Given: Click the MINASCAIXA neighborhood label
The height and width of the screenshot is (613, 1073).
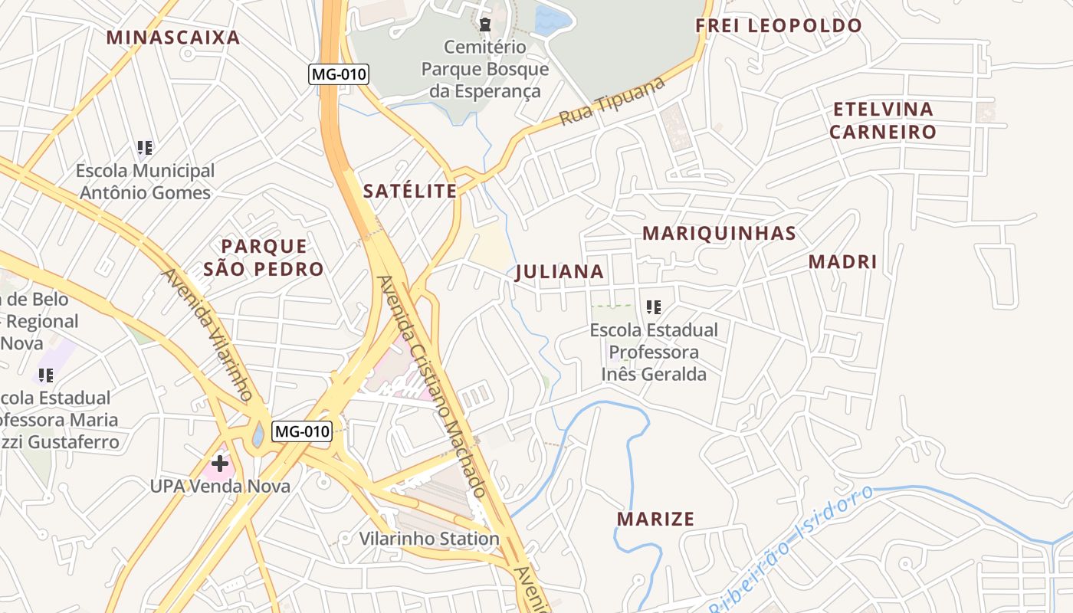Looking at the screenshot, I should click(x=173, y=37).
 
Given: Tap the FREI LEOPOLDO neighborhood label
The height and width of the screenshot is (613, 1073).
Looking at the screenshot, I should click(x=779, y=25).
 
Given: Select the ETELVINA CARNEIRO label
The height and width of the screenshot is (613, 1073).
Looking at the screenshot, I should click(x=883, y=120).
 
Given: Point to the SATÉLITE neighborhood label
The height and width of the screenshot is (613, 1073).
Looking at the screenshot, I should click(x=410, y=191).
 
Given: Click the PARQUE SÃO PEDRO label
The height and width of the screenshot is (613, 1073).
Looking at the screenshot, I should click(x=264, y=257).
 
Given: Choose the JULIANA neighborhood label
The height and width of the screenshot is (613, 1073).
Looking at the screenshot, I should click(x=560, y=272).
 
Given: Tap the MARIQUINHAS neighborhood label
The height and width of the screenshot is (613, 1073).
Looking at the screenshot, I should click(x=719, y=233).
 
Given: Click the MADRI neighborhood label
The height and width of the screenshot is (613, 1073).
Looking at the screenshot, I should click(x=842, y=261).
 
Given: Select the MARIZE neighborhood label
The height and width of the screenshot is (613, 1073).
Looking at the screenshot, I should click(x=656, y=519).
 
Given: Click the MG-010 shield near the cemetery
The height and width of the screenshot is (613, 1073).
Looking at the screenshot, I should click(x=339, y=74).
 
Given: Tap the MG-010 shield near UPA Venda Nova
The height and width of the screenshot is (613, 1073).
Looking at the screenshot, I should click(x=302, y=431).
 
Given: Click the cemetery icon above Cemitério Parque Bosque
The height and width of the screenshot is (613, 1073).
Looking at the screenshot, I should click(x=485, y=25).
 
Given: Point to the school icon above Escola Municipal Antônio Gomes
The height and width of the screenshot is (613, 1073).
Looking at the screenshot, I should click(x=145, y=147).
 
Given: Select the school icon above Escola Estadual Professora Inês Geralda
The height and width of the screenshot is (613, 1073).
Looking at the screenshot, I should click(x=654, y=307).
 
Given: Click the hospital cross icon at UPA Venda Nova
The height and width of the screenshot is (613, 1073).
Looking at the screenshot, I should click(x=220, y=463).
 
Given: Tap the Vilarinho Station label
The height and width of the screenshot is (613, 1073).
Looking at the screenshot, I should click(x=429, y=539).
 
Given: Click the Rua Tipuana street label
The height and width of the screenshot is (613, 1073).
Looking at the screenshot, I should click(x=612, y=102).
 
